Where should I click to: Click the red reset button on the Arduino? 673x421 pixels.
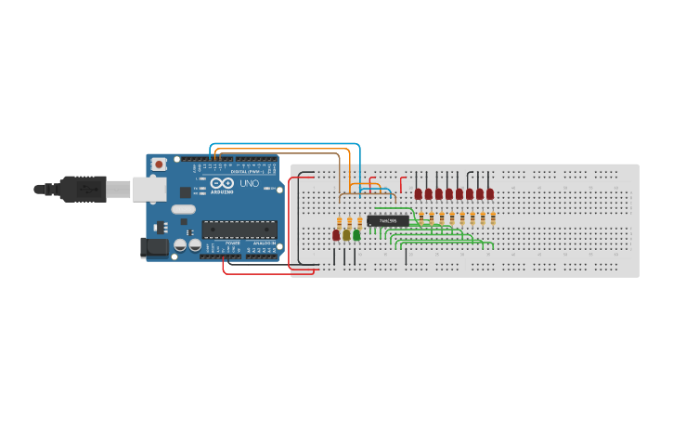click(x=160, y=164)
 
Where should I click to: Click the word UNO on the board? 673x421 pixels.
click(x=250, y=183)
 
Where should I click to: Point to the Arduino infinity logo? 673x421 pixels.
click(x=222, y=183)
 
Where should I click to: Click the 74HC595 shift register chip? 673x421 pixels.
click(x=387, y=220)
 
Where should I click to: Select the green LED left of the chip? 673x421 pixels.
click(x=356, y=235)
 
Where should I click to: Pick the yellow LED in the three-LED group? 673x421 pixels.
click(x=346, y=235)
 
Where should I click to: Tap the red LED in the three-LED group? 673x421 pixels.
click(x=336, y=235)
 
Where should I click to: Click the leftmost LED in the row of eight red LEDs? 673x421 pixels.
click(x=419, y=194)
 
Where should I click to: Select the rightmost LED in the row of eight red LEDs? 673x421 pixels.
click(x=490, y=194)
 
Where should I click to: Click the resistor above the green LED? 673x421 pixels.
click(x=359, y=221)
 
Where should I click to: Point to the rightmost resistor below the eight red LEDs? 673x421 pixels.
click(x=493, y=218)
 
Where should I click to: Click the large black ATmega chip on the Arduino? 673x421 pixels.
click(x=239, y=229)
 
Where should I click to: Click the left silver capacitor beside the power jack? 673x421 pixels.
click(x=180, y=245)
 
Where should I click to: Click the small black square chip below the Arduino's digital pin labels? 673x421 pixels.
click(x=185, y=192)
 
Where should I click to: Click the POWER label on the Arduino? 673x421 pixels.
click(x=232, y=243)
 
